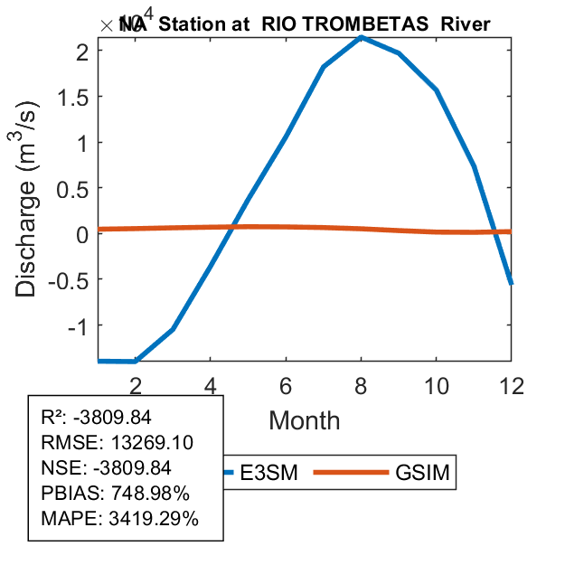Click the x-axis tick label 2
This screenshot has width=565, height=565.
click(136, 384)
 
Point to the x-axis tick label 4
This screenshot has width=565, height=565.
click(210, 384)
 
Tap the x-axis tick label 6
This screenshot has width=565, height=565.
click(286, 384)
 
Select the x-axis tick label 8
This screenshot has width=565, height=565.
click(361, 384)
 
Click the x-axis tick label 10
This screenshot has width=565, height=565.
click(436, 384)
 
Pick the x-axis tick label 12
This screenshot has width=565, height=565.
click(511, 384)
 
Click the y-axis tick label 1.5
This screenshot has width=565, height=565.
click(70, 97)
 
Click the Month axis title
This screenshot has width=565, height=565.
click(304, 419)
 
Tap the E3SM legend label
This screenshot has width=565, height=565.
click(275, 473)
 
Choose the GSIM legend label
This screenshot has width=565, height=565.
click(422, 473)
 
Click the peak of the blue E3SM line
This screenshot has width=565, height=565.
click(361, 37)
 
